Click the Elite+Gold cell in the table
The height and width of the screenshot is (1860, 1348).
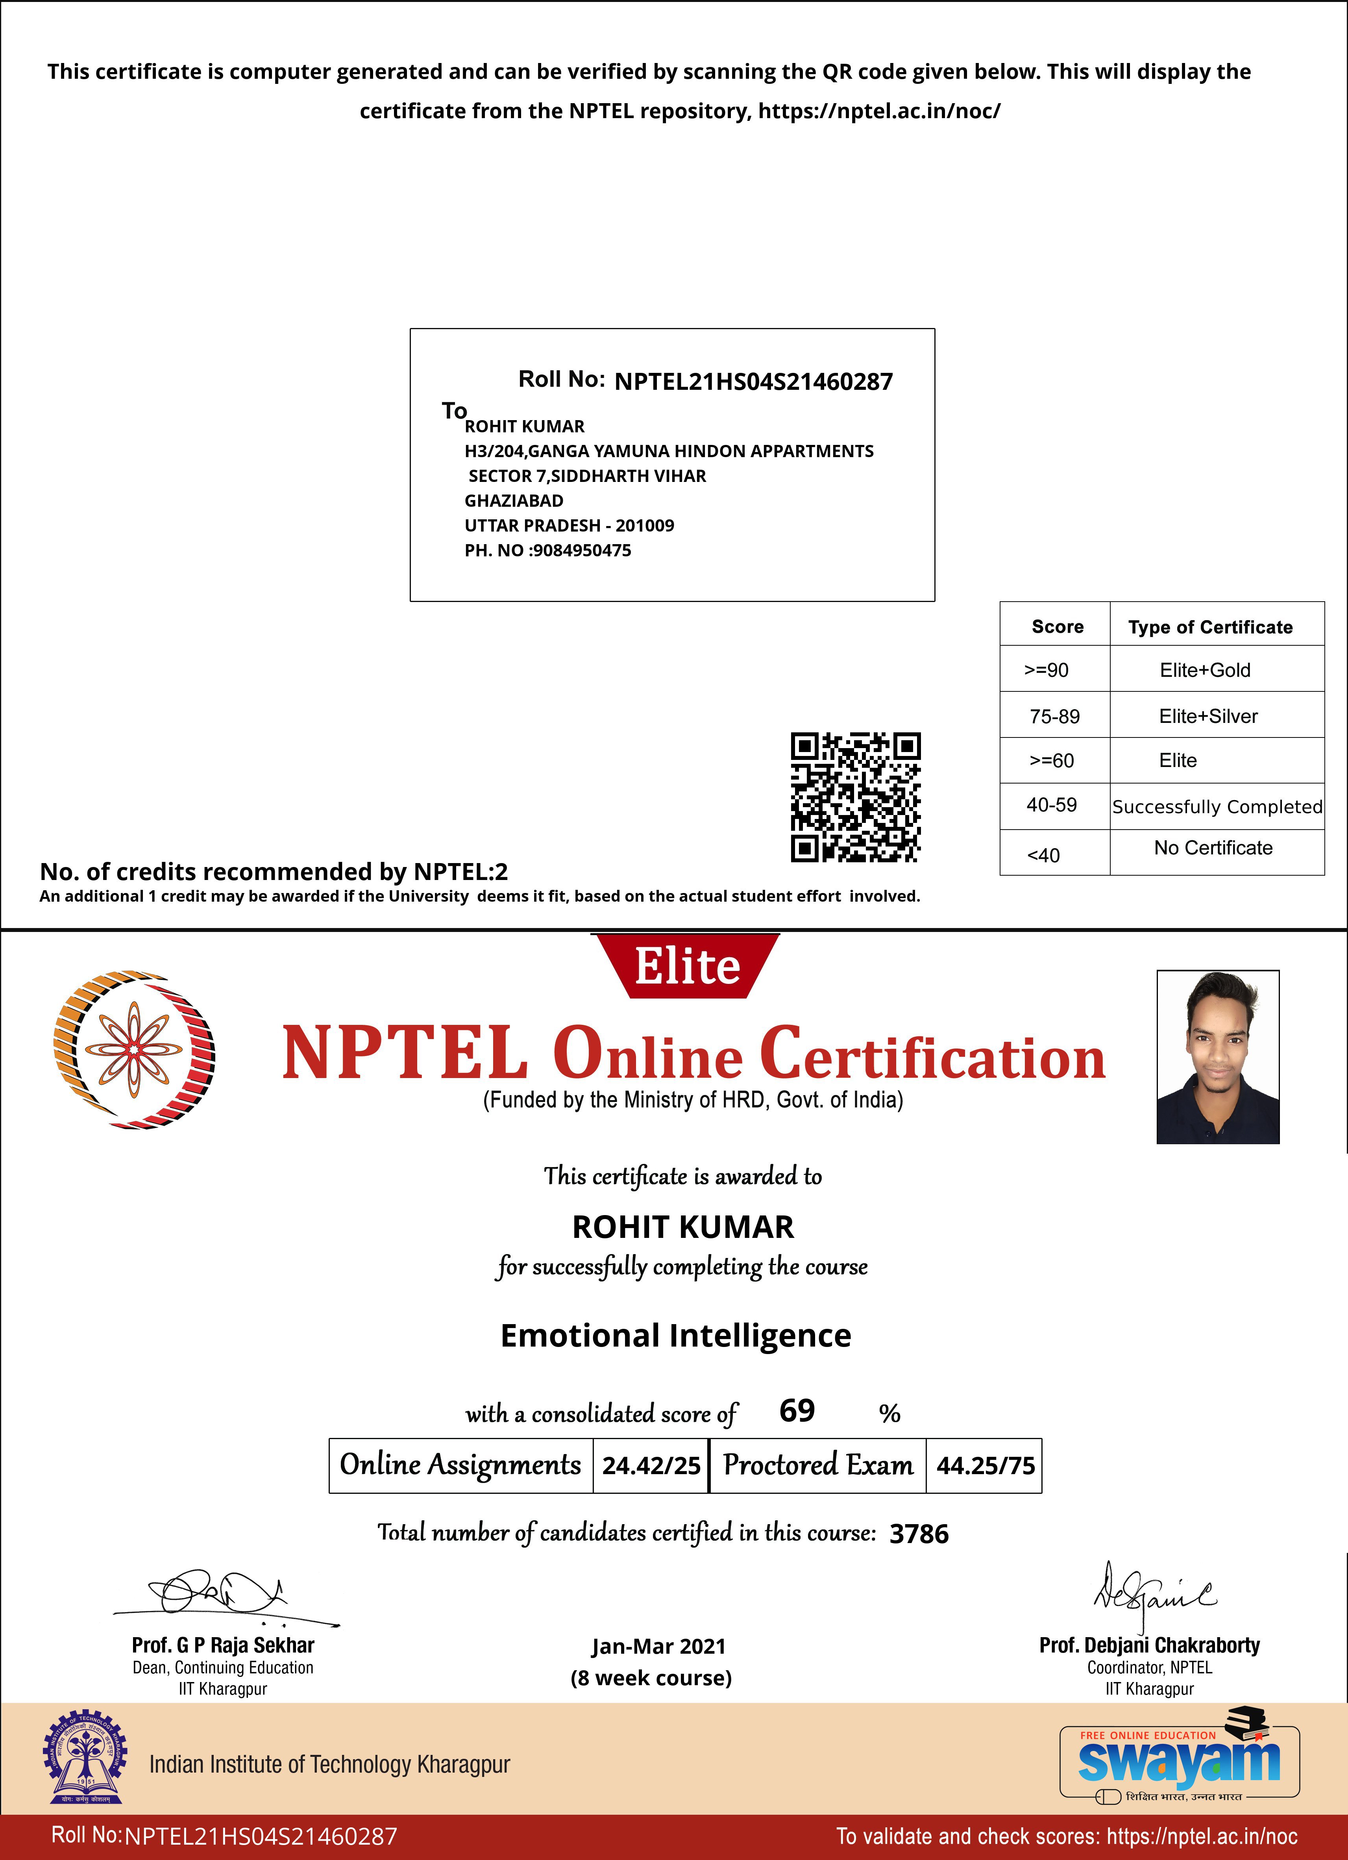(1204, 670)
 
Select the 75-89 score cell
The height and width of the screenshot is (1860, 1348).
(1054, 716)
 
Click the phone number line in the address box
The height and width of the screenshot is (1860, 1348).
(548, 550)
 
